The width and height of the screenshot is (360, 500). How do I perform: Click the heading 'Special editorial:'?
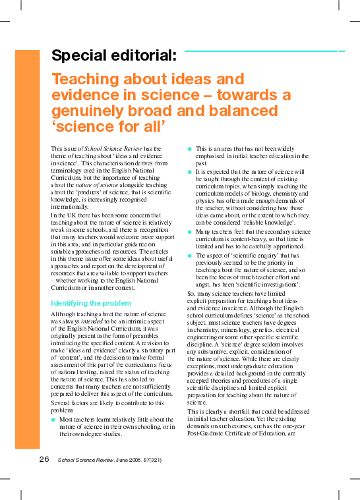click(113, 55)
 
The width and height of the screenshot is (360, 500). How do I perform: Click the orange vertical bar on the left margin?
click(27, 250)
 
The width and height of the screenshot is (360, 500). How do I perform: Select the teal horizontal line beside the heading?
click(264, 50)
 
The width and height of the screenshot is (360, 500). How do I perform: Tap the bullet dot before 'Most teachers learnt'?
click(53, 419)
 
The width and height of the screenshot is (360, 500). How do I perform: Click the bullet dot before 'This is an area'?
click(190, 149)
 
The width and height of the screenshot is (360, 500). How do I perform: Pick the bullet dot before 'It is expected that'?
click(190, 171)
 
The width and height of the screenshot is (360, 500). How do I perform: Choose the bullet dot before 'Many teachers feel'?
click(190, 232)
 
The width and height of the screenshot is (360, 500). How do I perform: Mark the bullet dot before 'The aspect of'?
click(190, 254)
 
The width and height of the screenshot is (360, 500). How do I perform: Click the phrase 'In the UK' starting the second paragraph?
click(63, 215)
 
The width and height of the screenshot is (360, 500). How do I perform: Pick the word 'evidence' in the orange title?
click(83, 95)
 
